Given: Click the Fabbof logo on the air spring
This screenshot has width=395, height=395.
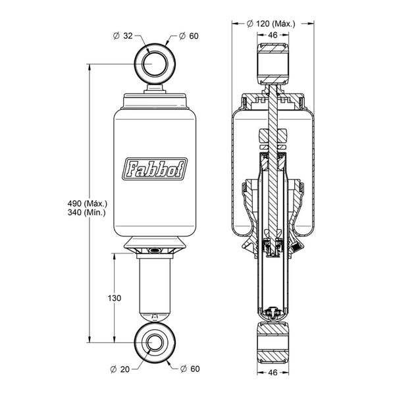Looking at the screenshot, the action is [x=155, y=169].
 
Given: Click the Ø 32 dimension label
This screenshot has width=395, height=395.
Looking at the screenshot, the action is [x=123, y=36].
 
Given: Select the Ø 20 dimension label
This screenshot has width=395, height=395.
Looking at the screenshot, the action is [x=120, y=369].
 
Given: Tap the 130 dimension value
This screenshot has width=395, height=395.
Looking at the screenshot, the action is [x=115, y=298].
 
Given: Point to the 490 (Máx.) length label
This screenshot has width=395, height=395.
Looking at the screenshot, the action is [x=88, y=203].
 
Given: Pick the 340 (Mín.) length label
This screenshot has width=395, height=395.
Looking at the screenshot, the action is [x=86, y=213].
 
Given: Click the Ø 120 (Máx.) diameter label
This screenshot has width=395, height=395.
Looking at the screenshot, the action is [x=271, y=24].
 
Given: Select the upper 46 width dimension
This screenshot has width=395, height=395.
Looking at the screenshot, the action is [x=273, y=35].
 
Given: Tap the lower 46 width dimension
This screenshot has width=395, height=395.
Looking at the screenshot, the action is [x=273, y=373].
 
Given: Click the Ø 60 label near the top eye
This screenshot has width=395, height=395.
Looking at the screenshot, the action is [x=189, y=36].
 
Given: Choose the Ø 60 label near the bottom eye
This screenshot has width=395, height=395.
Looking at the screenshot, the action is [x=190, y=369].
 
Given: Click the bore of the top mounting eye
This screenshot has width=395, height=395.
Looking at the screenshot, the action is [x=155, y=64].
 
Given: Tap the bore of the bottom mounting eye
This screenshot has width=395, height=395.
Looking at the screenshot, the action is [x=155, y=342].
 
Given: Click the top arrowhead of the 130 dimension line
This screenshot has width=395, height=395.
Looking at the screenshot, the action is [x=115, y=257].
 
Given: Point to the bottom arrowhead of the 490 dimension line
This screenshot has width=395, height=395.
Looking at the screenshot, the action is [x=90, y=339].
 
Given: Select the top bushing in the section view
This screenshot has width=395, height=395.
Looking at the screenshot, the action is [x=273, y=64].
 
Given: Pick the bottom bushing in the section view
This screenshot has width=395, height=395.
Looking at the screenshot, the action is [x=273, y=342].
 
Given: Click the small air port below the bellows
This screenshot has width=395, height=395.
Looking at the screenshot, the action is [x=154, y=250].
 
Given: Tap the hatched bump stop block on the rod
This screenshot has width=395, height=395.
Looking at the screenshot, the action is [x=273, y=136].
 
